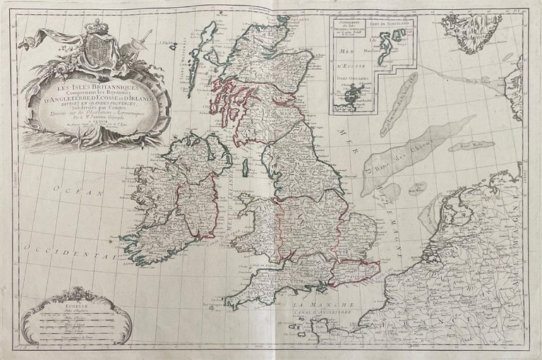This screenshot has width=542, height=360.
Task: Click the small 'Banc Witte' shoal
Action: pyautogui.click(x=482, y=146)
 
